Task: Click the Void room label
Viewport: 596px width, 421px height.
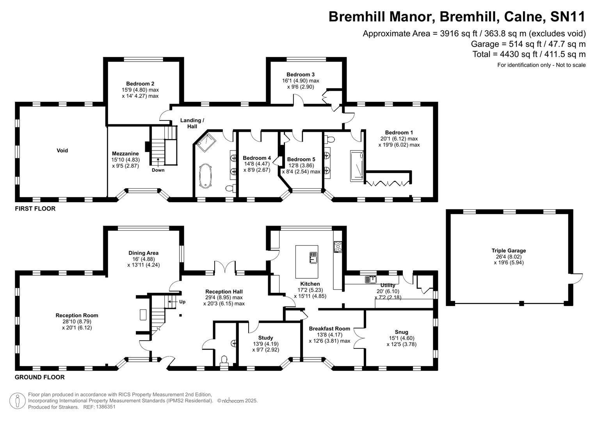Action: coord(62,150)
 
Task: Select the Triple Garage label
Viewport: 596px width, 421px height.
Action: coord(509,251)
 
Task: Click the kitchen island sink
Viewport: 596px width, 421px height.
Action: coord(313,257)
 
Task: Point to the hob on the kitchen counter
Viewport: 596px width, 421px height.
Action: coord(338,247)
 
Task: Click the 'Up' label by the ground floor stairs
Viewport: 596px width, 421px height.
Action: coord(182,302)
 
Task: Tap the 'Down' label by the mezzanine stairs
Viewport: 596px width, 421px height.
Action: coord(158,170)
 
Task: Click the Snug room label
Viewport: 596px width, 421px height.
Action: coord(401,332)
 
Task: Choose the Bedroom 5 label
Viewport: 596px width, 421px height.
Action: coord(301,159)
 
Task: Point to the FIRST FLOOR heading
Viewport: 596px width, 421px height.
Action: coord(35,209)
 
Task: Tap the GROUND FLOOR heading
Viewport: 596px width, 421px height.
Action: coord(40,377)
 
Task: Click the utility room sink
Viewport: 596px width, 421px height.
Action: coord(370,279)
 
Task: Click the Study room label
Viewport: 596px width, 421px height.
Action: coord(265,338)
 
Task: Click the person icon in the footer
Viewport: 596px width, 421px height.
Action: coord(18,401)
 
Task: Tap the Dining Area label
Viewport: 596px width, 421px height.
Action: coord(143,253)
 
